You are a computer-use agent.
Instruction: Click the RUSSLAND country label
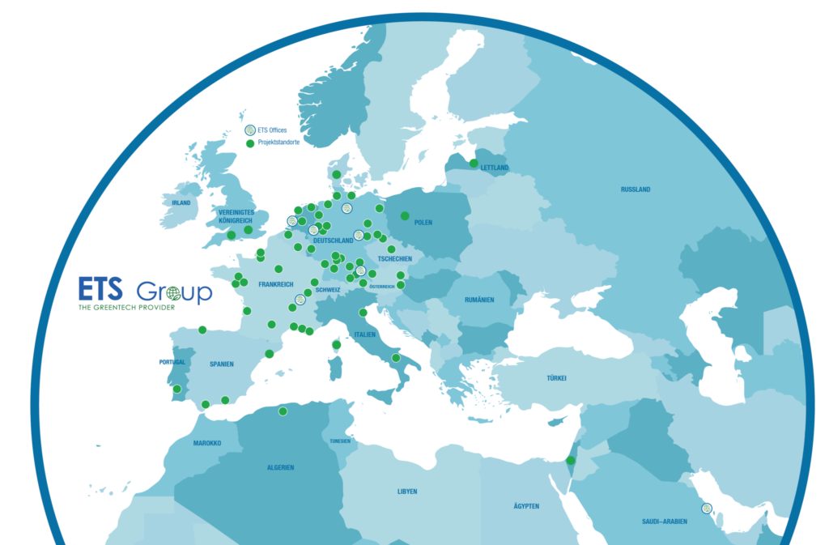point(635,189)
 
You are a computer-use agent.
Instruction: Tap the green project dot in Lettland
point(474,164)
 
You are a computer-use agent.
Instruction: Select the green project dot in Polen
point(405,215)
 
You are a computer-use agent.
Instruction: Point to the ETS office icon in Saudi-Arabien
point(707,509)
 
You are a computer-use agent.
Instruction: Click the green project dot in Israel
point(571,460)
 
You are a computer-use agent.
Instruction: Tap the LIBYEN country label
point(406,492)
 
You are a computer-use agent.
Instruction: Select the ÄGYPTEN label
point(526,506)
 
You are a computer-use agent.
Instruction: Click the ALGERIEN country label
point(280,467)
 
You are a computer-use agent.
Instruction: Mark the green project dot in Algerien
point(283,411)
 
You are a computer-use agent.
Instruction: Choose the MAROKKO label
point(207,444)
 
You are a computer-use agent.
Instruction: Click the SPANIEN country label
point(221,364)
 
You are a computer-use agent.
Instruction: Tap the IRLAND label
point(181,203)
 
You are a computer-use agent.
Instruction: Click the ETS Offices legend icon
point(250,130)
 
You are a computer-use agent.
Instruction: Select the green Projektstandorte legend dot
point(250,143)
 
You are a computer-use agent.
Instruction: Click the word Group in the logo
point(174,292)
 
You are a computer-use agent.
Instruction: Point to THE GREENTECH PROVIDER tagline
point(127,308)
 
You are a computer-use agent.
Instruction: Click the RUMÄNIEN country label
point(479,300)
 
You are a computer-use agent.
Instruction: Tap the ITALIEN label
point(364,334)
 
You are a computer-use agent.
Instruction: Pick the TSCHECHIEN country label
point(394,259)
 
